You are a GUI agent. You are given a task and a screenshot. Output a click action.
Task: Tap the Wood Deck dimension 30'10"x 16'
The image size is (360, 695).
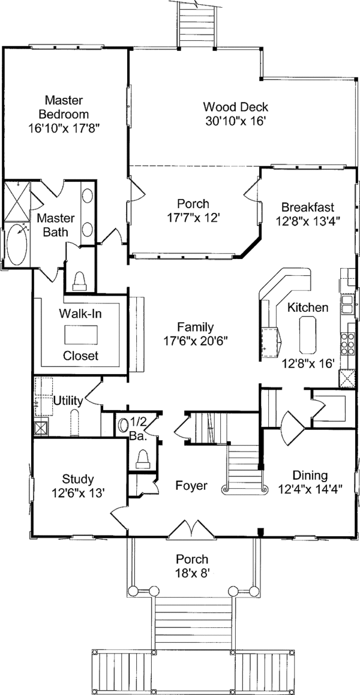pyautogui.click(x=235, y=121)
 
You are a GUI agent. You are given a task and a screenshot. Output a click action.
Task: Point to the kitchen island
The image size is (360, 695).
pyautogui.click(x=309, y=335)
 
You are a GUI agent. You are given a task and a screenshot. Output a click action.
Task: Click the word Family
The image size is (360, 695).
pyautogui.click(x=196, y=327)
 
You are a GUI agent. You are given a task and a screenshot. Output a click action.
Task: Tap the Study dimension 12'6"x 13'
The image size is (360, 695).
pyautogui.click(x=78, y=493)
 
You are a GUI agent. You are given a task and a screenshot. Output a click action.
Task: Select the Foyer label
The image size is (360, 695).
pyautogui.click(x=191, y=485)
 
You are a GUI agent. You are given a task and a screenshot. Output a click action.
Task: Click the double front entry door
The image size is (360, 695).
pyautogui.click(x=191, y=529)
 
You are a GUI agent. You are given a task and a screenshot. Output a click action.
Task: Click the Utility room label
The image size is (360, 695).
pyautogui.click(x=68, y=400)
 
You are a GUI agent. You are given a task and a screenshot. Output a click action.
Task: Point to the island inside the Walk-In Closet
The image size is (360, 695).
pyautogui.click(x=80, y=333)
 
